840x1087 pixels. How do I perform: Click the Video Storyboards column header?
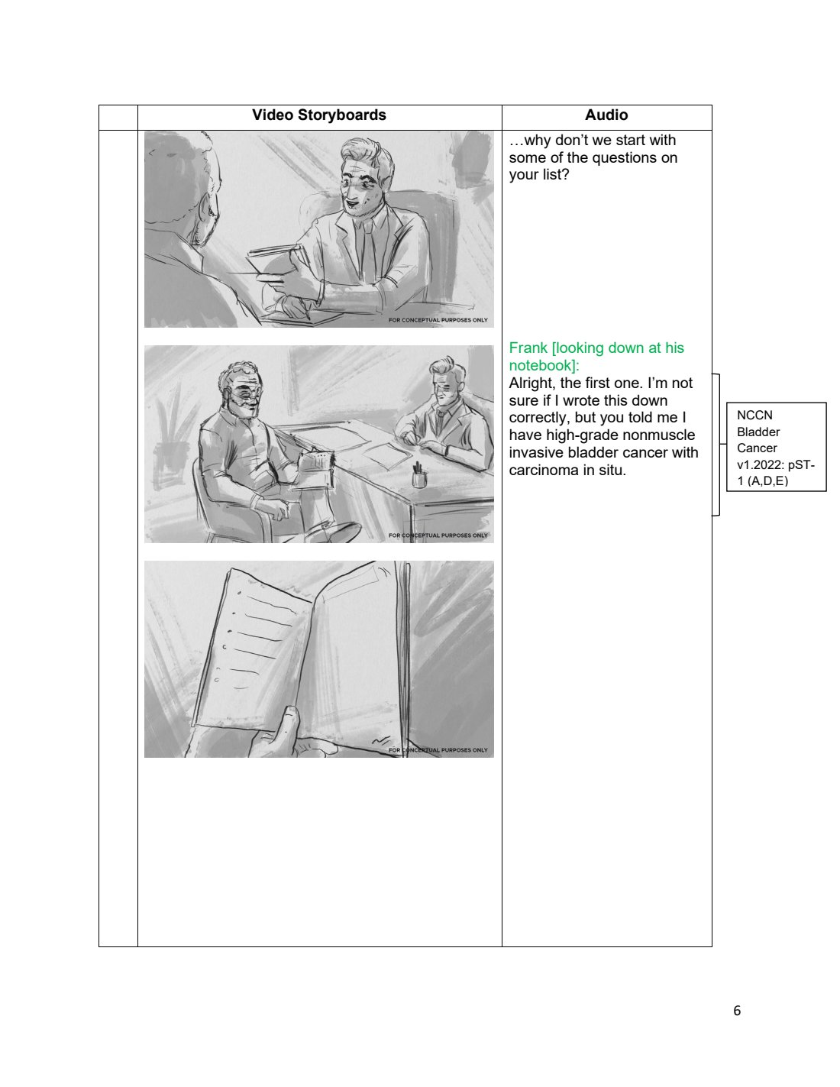click(x=319, y=115)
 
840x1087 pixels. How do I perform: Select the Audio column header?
click(x=606, y=115)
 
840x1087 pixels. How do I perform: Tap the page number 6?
click(x=737, y=1011)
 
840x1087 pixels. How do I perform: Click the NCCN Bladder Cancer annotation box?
click(x=776, y=447)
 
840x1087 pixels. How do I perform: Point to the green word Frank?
click(x=528, y=348)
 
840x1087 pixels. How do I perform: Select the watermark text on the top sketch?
click(x=438, y=320)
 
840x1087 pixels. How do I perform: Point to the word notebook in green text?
click(x=542, y=365)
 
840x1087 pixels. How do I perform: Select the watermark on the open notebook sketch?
click(x=438, y=750)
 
